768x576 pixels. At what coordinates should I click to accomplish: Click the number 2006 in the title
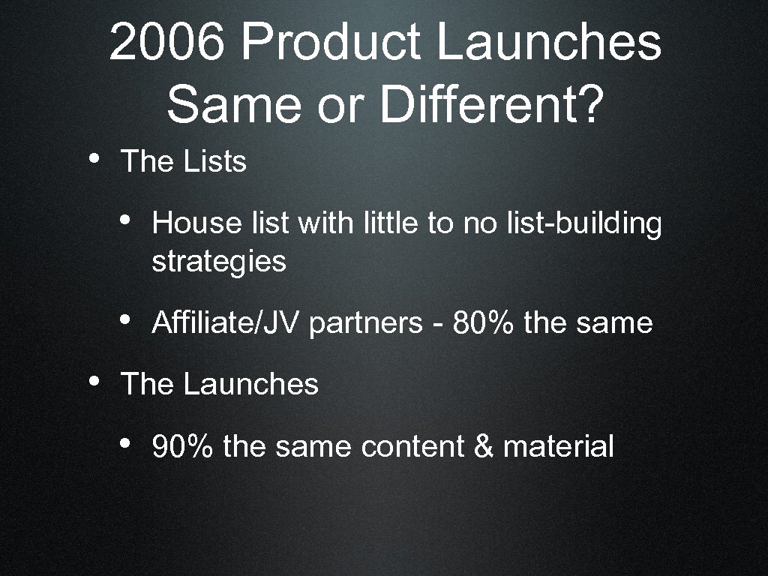(166, 43)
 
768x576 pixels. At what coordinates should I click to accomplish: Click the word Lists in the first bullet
(214, 161)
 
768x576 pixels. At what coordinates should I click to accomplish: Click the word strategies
(219, 262)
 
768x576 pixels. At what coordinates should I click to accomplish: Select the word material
(559, 447)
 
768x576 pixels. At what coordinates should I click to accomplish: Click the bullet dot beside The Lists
(93, 158)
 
